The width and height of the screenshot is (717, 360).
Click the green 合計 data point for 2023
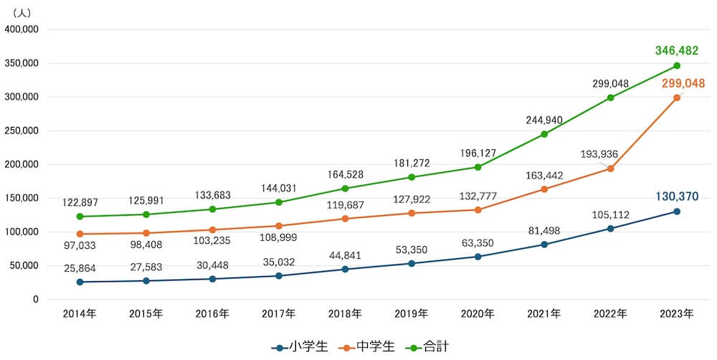coord(676,66)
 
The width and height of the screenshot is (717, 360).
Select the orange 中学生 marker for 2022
coord(610,169)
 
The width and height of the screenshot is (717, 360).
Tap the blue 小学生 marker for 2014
coord(80,282)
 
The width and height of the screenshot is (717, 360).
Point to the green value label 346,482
coord(676,51)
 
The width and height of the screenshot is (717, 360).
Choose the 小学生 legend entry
coord(300,346)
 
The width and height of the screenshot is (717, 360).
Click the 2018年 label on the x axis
coord(345,313)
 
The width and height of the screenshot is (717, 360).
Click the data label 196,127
coord(478,152)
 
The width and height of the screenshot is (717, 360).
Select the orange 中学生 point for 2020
coord(478,209)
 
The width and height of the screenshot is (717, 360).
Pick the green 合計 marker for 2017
coord(279,202)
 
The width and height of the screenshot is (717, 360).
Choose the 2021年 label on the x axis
coord(544,313)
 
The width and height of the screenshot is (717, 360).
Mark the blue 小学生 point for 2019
coord(412,263)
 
